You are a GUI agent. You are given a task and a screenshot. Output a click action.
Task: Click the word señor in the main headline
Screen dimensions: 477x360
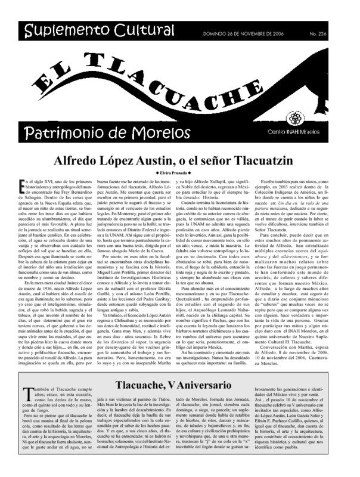tap(217, 161)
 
